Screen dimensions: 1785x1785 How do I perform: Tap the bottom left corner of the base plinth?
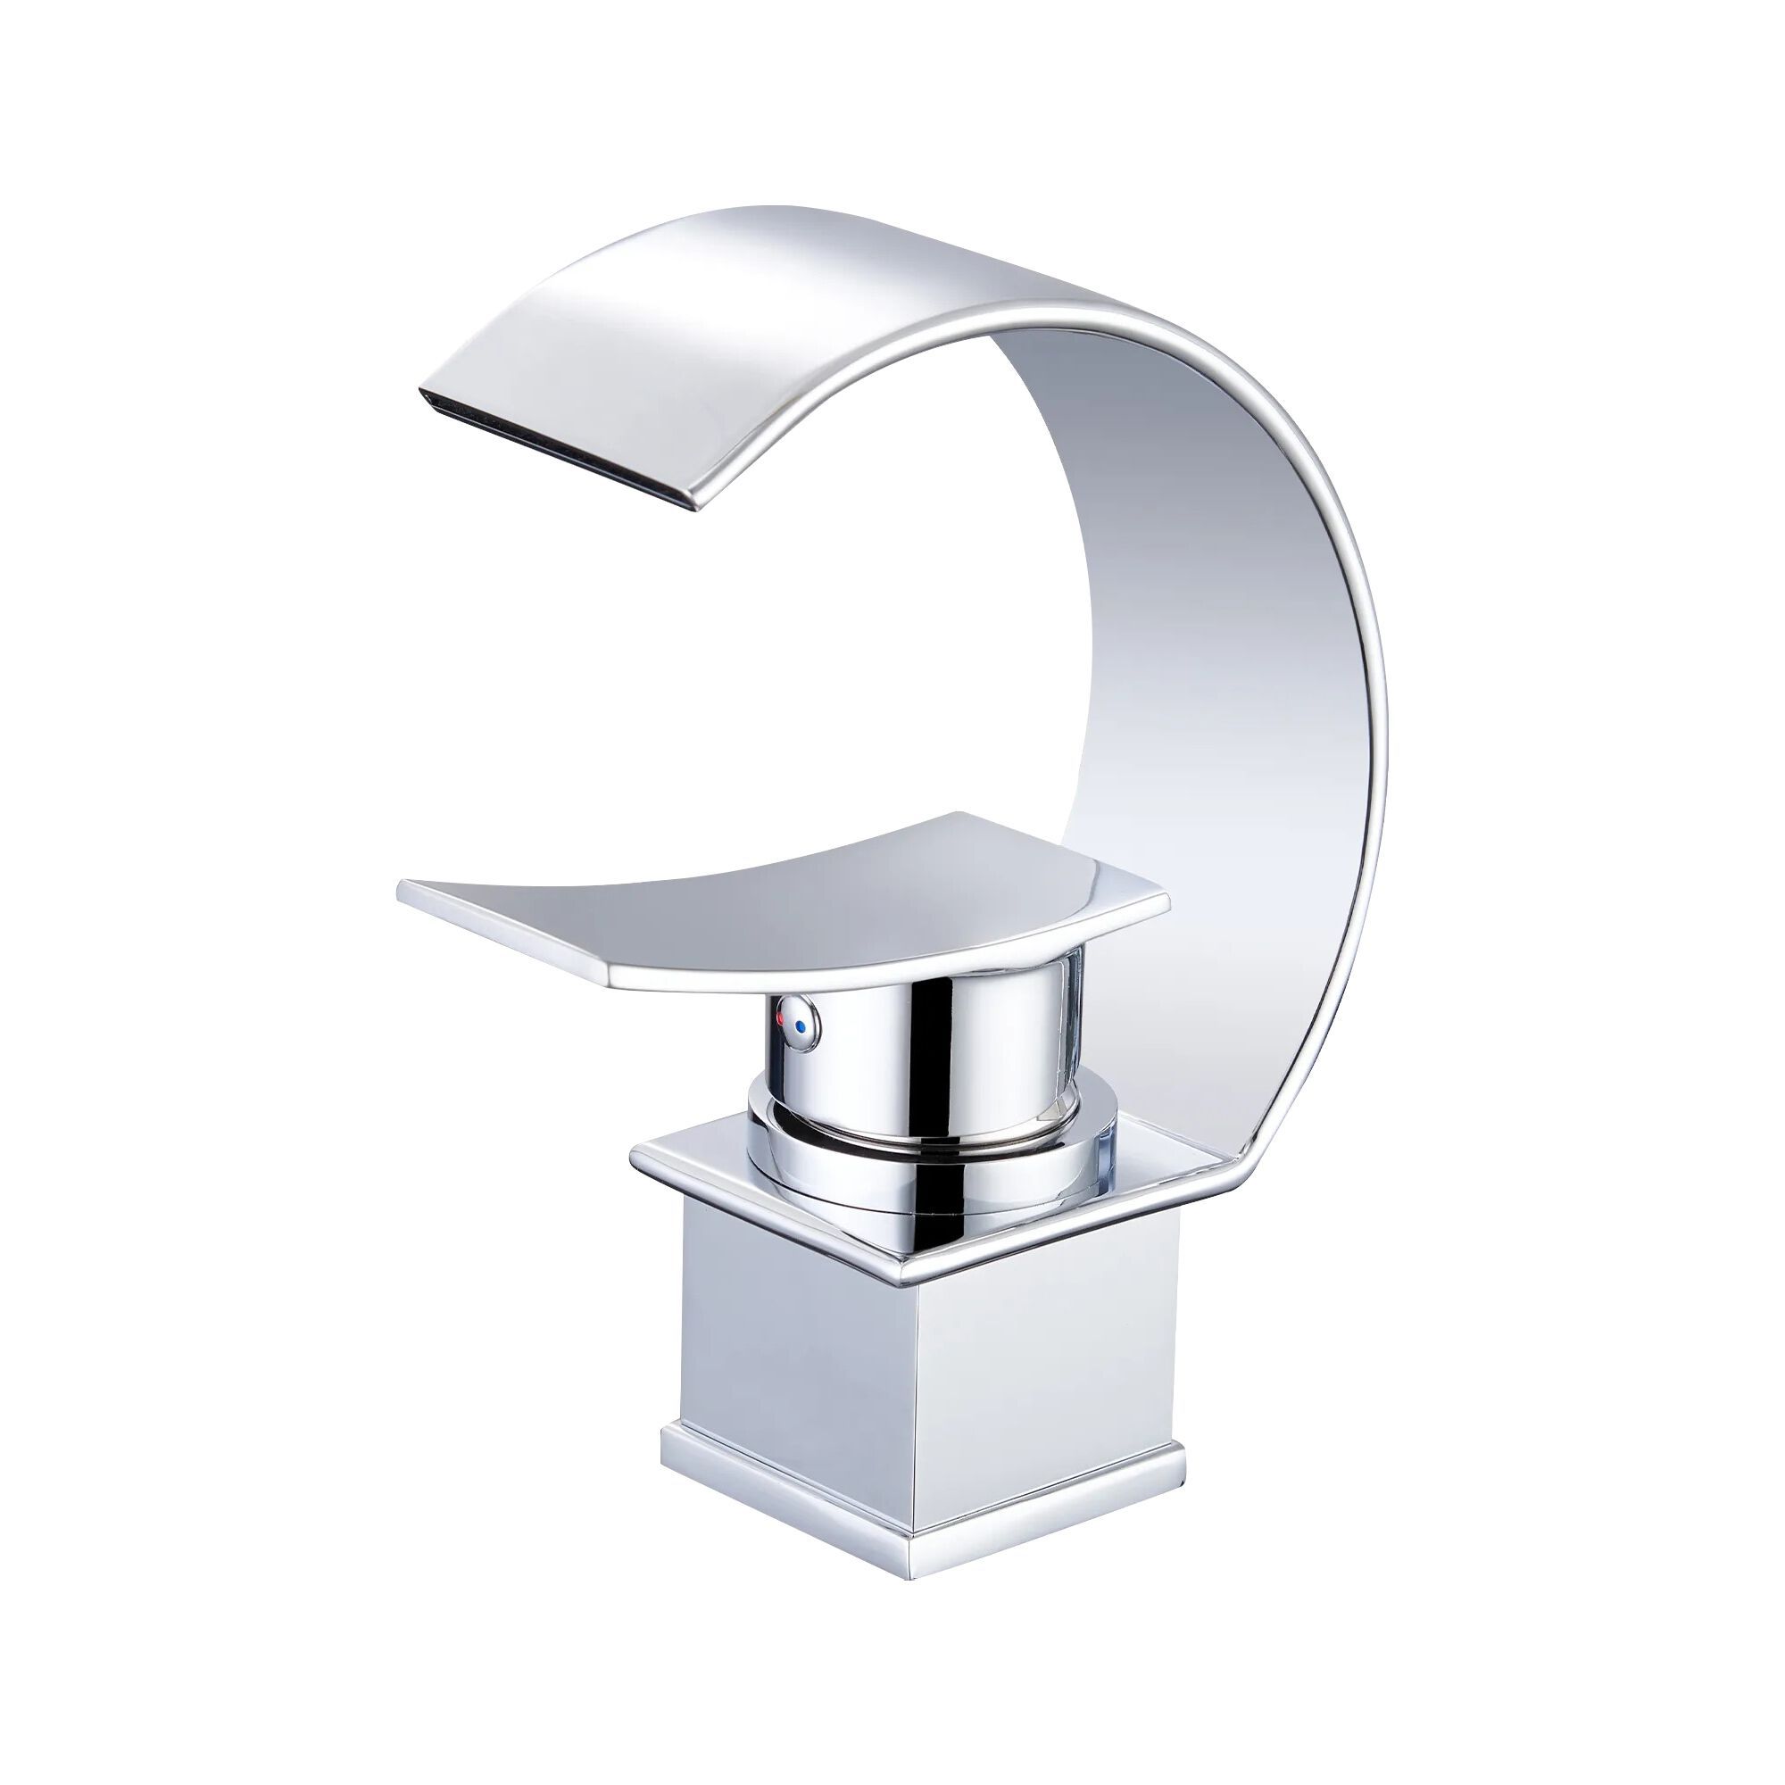663,1460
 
